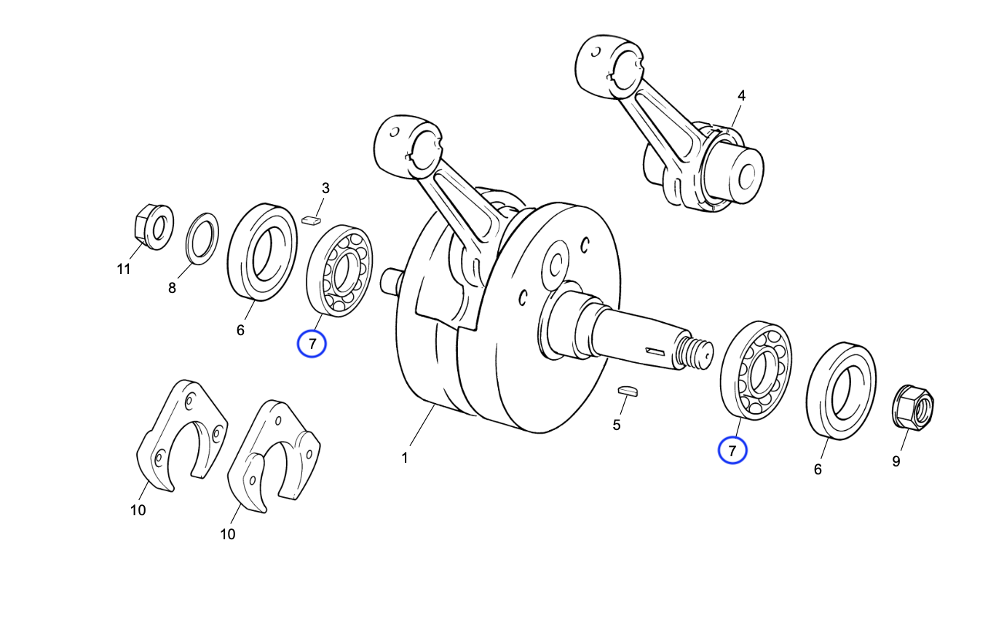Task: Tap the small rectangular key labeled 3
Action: pos(311,218)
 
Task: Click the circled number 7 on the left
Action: pos(312,343)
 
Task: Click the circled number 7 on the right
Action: pos(732,450)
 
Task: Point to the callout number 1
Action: pos(404,458)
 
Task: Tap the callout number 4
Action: pos(741,95)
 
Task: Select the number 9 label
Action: pos(896,461)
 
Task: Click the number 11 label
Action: pos(124,269)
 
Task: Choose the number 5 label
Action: pos(616,425)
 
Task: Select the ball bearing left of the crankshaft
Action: pos(340,271)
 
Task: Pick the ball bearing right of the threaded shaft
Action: pos(756,369)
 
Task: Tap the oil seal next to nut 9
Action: pos(840,391)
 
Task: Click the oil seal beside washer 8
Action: pos(262,252)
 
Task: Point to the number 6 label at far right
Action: pos(818,469)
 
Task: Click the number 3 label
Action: pos(325,188)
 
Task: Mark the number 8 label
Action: pos(172,288)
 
